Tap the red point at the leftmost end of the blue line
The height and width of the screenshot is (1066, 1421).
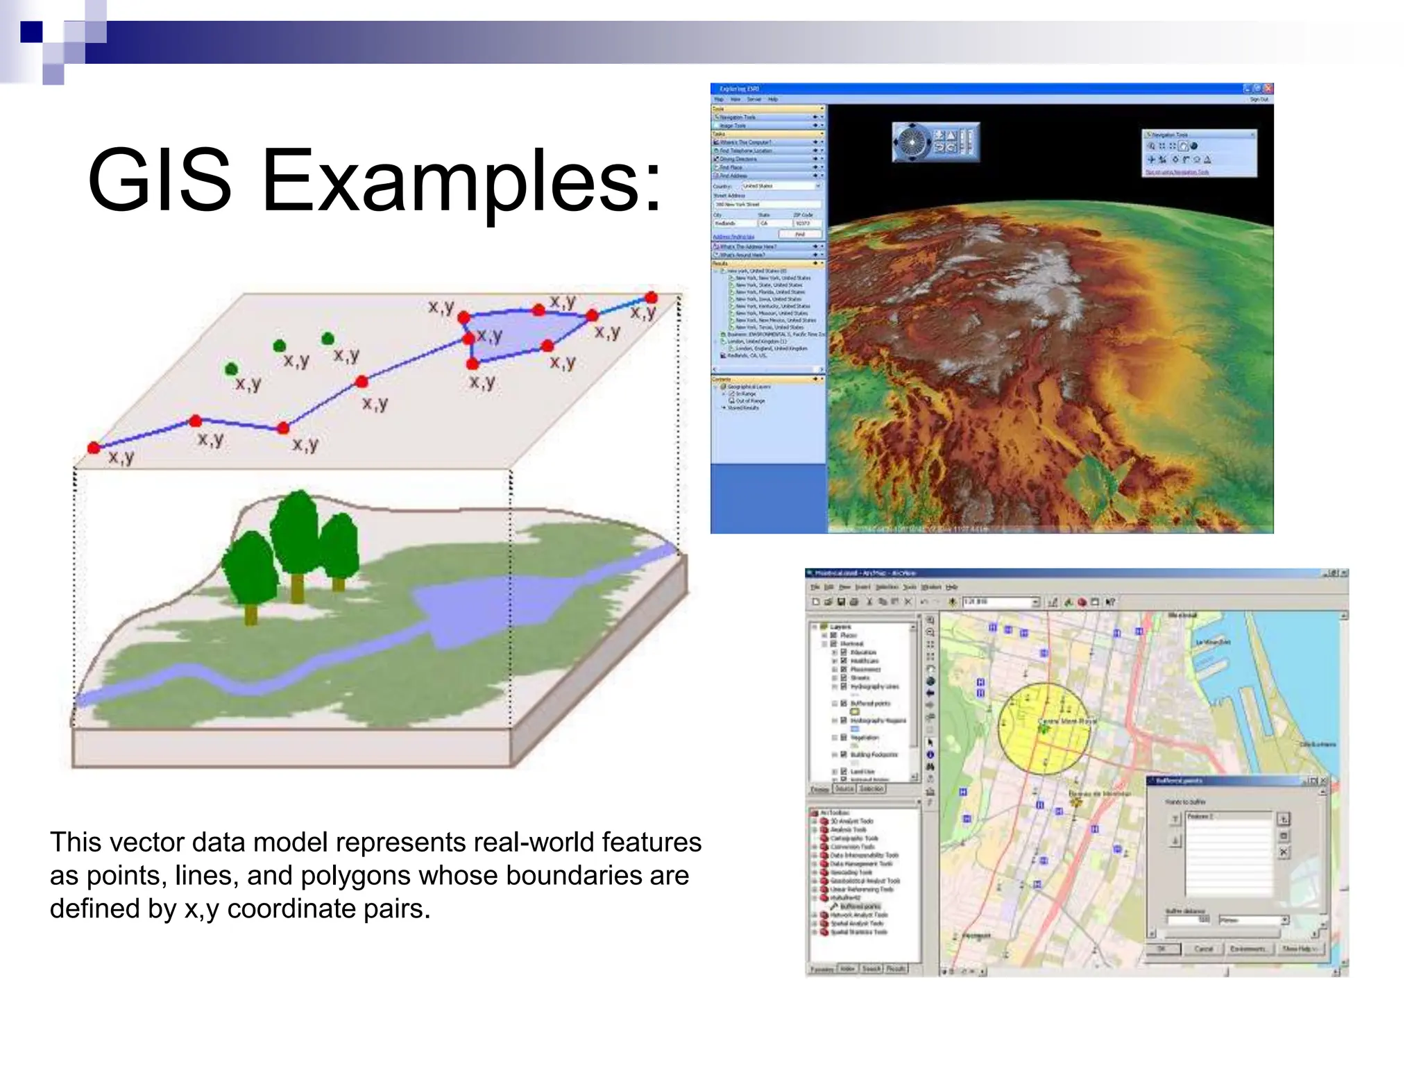(94, 448)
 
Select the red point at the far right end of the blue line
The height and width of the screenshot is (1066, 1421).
(651, 298)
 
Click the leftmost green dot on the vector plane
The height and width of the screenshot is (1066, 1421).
(231, 369)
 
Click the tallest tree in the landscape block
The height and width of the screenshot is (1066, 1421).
(298, 534)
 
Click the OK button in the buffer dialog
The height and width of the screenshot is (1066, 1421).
(1163, 949)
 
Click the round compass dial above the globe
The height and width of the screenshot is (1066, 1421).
(911, 142)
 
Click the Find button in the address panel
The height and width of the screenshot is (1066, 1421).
(800, 235)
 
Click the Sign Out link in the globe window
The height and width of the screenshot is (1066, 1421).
(1259, 99)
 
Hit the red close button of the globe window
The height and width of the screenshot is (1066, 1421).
(1268, 89)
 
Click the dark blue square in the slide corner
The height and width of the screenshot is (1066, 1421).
(31, 32)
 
